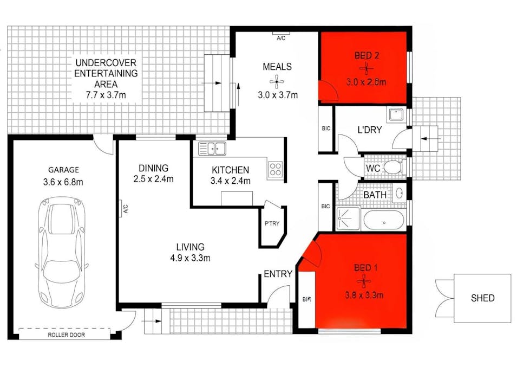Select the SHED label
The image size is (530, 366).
click(x=482, y=298)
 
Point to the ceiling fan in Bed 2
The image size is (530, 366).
click(x=367, y=69)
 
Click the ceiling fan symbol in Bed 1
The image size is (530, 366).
click(x=363, y=281)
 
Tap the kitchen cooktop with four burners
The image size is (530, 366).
click(x=275, y=169)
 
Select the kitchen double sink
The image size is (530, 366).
click(x=212, y=147)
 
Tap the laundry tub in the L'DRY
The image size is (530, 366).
click(x=395, y=115)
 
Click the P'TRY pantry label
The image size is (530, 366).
click(x=272, y=223)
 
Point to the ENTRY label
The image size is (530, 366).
click(x=278, y=274)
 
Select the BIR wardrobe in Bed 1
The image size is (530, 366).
click(x=306, y=299)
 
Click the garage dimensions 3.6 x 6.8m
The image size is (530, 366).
click(x=64, y=182)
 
